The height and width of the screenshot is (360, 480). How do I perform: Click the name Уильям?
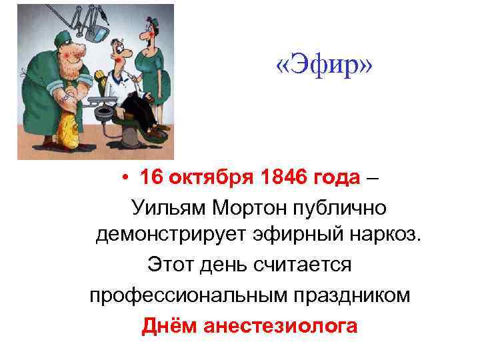click(169, 208)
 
